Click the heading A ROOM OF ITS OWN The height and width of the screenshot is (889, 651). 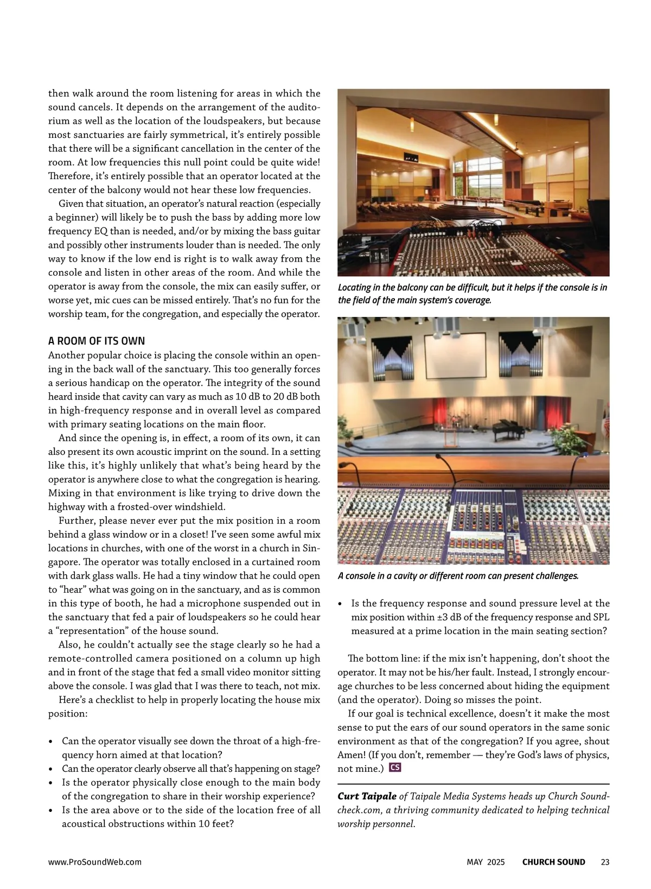pyautogui.click(x=97, y=341)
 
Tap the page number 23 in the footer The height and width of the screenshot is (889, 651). pyautogui.click(x=605, y=862)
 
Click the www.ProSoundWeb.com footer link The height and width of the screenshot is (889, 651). pyautogui.click(x=95, y=862)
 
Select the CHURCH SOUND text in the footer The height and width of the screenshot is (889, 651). pyautogui.click(x=553, y=862)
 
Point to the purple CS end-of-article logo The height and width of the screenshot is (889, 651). pyautogui.click(x=395, y=767)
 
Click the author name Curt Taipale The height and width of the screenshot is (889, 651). pyautogui.click(x=367, y=796)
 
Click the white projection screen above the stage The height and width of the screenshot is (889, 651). pyautogui.click(x=454, y=355)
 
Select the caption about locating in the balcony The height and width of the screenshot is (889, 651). pyautogui.click(x=472, y=294)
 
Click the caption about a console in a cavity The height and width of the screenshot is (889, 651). pyautogui.click(x=458, y=576)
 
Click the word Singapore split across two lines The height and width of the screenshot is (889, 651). pyautogui.click(x=312, y=548)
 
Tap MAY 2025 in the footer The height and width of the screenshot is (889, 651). pyautogui.click(x=486, y=862)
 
